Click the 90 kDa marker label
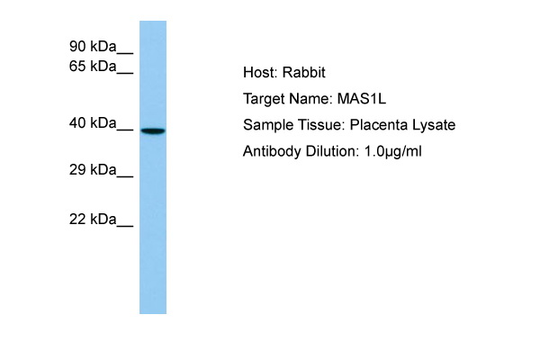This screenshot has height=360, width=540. pyautogui.click(x=93, y=46)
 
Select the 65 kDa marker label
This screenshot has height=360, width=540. pyautogui.click(x=93, y=66)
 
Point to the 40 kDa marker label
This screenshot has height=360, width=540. pyautogui.click(x=93, y=122)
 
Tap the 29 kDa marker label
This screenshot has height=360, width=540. pyautogui.click(x=93, y=169)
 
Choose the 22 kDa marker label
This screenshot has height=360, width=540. pyautogui.click(x=93, y=219)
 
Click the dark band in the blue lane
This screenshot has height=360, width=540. pyautogui.click(x=153, y=130)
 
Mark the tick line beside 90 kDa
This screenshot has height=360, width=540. pyautogui.click(x=125, y=53)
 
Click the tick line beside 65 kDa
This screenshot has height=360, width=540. pyautogui.click(x=125, y=73)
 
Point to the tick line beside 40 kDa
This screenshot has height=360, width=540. pyautogui.click(x=125, y=130)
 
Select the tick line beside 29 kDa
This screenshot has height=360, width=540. pyautogui.click(x=125, y=176)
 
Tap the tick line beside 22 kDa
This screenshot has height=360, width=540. pyautogui.click(x=125, y=226)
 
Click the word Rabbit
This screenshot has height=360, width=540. pyautogui.click(x=304, y=72)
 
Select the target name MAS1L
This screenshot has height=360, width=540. pyautogui.click(x=361, y=99)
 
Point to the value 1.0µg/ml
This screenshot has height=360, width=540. pyautogui.click(x=392, y=151)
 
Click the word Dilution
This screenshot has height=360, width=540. pyautogui.click(x=330, y=151)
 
